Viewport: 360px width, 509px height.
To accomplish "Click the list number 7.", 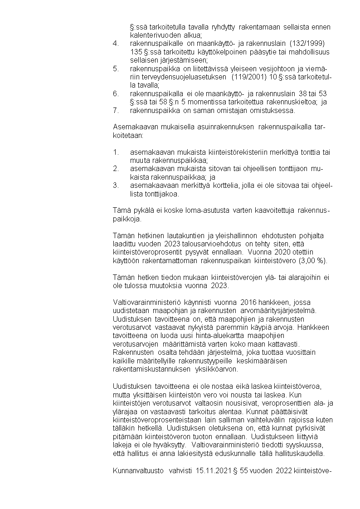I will click(116, 110).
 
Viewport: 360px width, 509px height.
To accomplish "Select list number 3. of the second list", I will click(116, 186).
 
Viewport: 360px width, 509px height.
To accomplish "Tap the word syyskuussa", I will click(301, 445).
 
